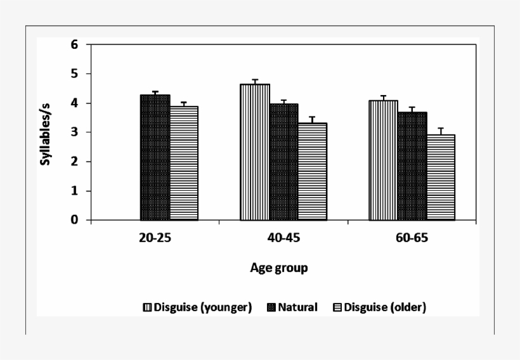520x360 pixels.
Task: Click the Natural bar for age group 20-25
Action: pyautogui.click(x=155, y=158)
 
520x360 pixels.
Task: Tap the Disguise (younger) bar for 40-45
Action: pyautogui.click(x=255, y=152)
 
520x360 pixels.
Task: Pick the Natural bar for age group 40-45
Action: pyautogui.click(x=283, y=162)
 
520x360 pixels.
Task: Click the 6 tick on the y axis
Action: pyautogui.click(x=74, y=45)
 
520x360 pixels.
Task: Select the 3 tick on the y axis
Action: pyautogui.click(x=74, y=132)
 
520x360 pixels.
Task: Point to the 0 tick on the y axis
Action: pyautogui.click(x=74, y=221)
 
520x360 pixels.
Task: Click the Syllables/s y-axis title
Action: pyautogui.click(x=46, y=132)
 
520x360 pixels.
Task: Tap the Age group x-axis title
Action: pyautogui.click(x=279, y=268)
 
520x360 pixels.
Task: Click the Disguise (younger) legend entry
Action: pyautogui.click(x=198, y=307)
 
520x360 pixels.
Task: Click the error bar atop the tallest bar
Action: pyautogui.click(x=255, y=81)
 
